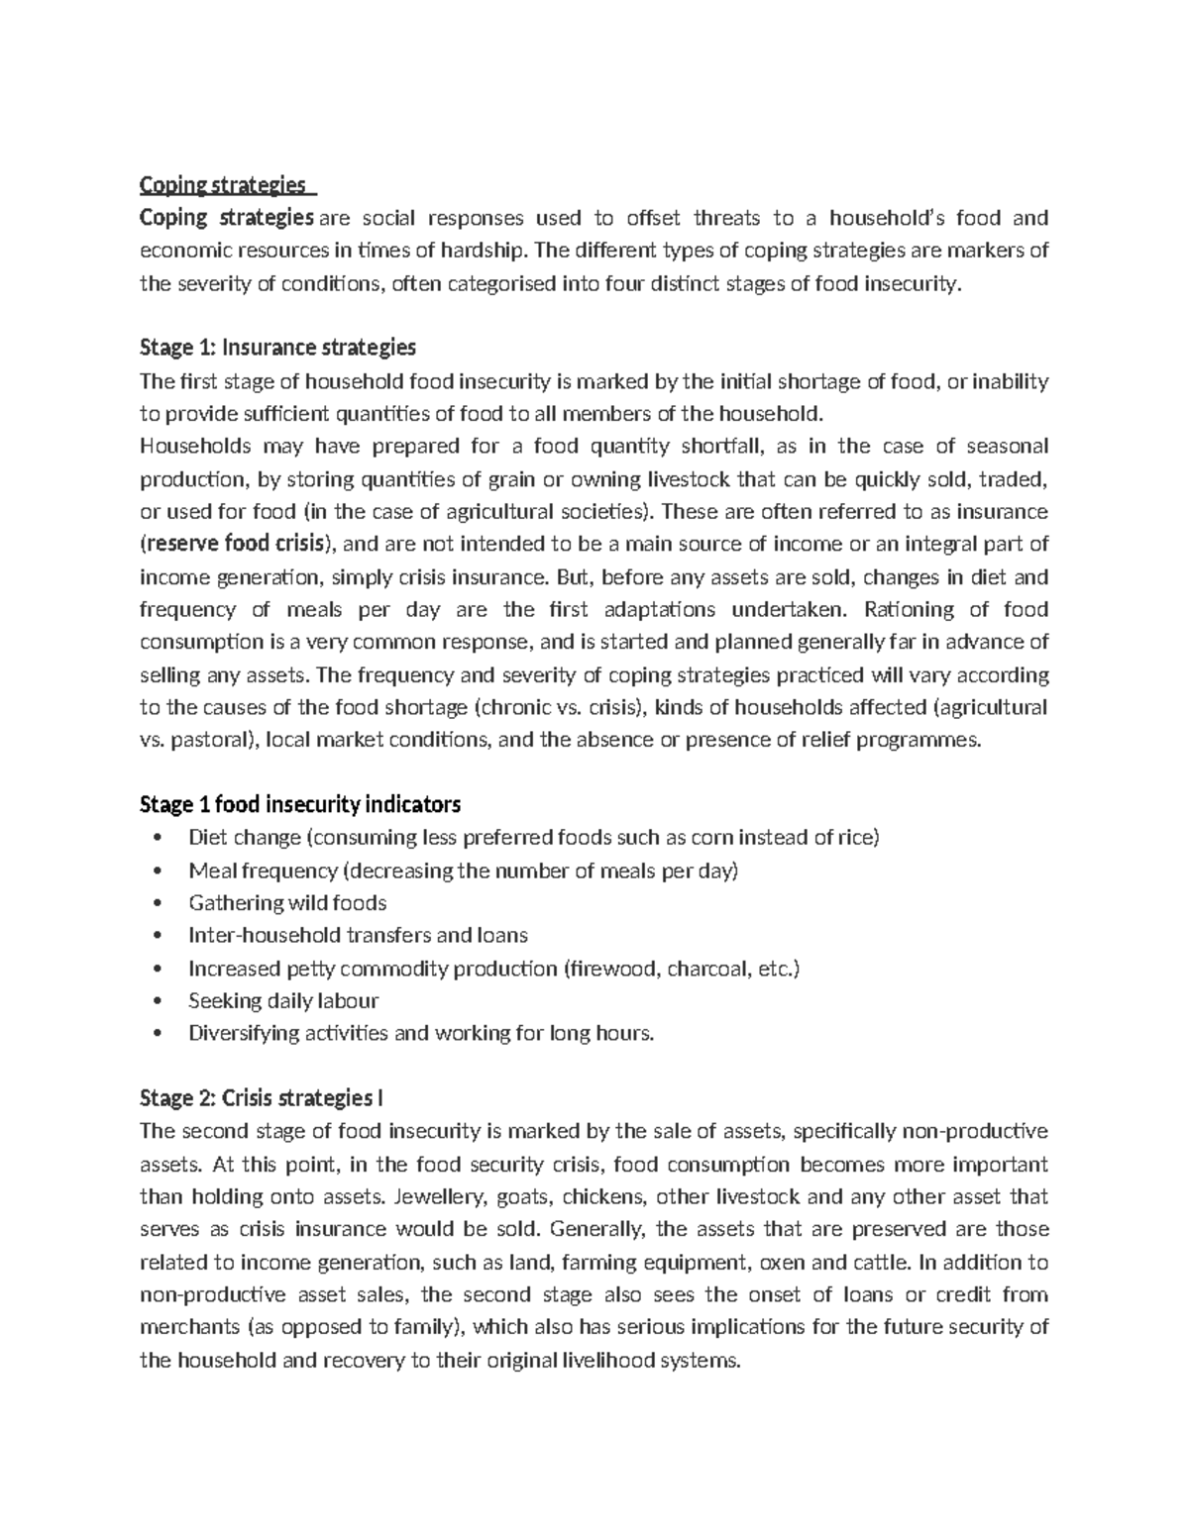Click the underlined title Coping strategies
pos(223,185)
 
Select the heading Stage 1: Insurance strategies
pos(277,348)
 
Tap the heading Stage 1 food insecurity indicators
pos(300,803)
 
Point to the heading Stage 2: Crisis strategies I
pos(262,1098)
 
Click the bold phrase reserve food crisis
pos(235,544)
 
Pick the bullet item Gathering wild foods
pos(287,903)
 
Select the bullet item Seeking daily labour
pos(283,1001)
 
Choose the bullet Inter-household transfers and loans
pos(358,936)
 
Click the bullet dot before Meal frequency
pos(159,872)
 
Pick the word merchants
pos(189,1328)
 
